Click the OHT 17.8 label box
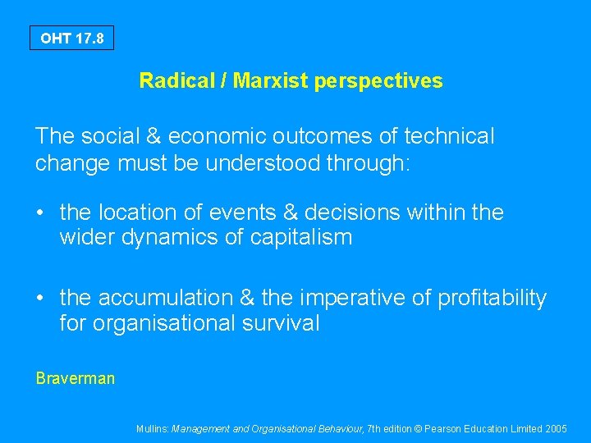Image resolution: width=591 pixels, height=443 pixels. [72, 38]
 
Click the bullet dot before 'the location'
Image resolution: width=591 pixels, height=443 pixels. [40, 213]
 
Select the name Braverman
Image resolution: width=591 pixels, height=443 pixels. [76, 378]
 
